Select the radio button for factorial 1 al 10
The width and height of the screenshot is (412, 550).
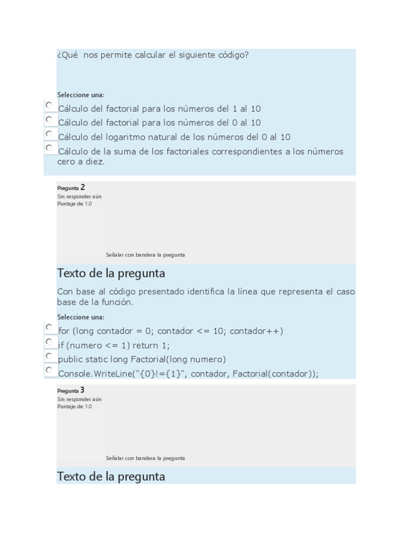coord(49,105)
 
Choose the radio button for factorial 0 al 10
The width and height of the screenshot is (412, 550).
coord(49,119)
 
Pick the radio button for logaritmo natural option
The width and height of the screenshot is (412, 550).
coord(49,134)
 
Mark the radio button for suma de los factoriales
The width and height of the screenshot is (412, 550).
coord(49,148)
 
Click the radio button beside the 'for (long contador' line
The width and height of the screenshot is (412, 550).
coord(49,327)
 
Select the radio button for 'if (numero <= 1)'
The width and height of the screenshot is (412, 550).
coord(49,342)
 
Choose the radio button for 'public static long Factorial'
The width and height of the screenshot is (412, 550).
coord(49,356)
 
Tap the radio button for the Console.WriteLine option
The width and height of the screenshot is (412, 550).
coord(49,370)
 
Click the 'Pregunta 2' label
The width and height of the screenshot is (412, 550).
coord(71,188)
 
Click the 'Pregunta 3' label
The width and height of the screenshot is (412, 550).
coord(71,390)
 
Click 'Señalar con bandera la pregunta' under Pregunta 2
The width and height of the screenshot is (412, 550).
coord(145,255)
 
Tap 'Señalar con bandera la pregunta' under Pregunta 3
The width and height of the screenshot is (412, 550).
coord(145,458)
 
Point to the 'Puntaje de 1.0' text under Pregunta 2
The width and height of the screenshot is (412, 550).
coord(74,204)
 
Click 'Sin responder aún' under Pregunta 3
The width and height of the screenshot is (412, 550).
coord(79,399)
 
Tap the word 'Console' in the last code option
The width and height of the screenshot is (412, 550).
coord(75,374)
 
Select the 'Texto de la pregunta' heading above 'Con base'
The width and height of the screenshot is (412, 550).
coord(111,273)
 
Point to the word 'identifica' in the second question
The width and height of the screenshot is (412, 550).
coord(206,292)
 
